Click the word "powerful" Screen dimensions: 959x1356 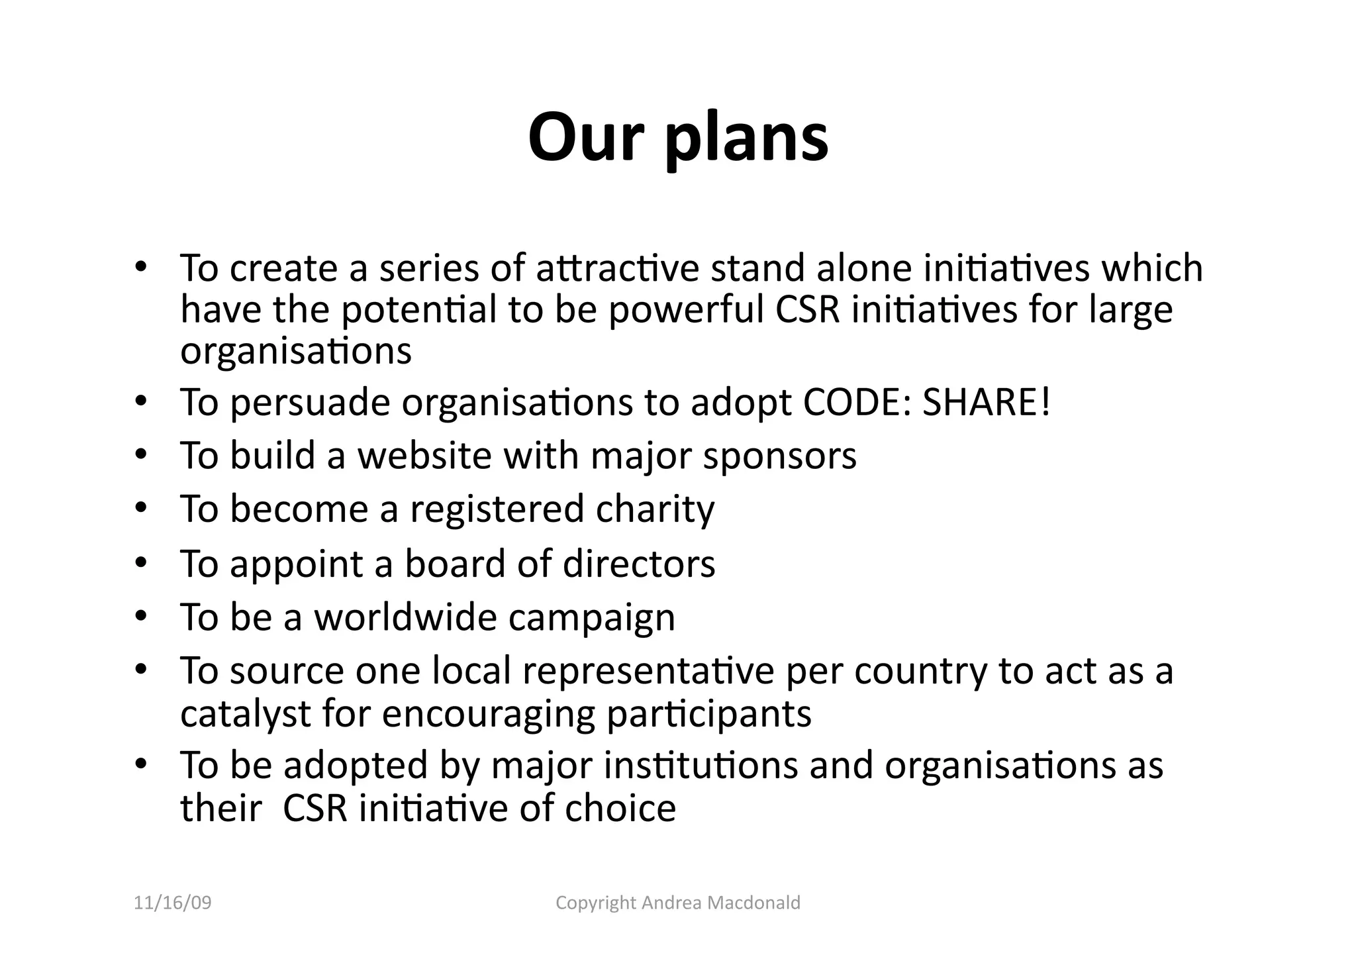(x=686, y=310)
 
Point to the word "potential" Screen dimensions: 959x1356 (x=418, y=310)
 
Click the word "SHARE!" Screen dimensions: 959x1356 (x=986, y=402)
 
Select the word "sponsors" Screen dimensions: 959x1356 (x=779, y=456)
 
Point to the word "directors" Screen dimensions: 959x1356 (x=639, y=564)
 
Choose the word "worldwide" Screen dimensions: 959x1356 (x=405, y=617)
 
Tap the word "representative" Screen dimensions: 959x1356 (x=648, y=671)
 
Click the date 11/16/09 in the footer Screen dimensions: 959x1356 (x=173, y=903)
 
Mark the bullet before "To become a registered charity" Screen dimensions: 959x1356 (x=140, y=508)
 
